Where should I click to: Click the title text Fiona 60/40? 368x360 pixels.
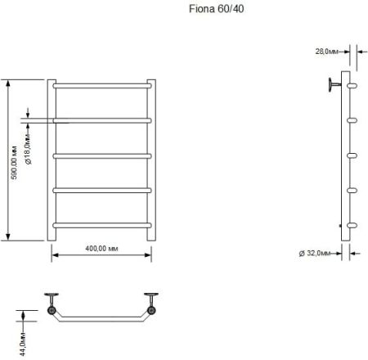(x=212, y=11)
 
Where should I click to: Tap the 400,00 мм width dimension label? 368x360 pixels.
(x=101, y=247)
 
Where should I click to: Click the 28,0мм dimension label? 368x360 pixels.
(x=327, y=51)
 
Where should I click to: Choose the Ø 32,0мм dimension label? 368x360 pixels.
(x=315, y=254)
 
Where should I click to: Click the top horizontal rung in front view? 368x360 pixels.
(x=101, y=83)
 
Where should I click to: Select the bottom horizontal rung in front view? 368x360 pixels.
(x=101, y=225)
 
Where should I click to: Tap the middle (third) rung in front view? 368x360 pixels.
(x=101, y=155)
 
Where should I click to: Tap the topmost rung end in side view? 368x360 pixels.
(x=352, y=83)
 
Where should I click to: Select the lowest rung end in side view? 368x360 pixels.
(x=352, y=225)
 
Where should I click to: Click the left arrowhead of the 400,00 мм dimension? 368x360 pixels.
(x=55, y=255)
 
